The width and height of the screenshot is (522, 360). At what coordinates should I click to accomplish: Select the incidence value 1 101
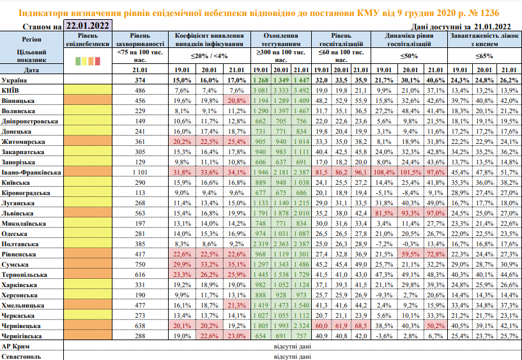(139, 173)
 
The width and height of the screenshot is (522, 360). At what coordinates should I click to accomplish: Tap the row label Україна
(15, 81)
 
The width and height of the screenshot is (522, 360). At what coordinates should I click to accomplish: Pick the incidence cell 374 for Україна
(141, 81)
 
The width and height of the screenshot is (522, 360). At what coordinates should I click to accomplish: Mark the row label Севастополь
(22, 356)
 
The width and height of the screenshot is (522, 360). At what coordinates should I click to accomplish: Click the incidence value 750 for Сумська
(141, 263)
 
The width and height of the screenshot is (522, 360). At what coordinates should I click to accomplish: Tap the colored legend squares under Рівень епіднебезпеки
(88, 61)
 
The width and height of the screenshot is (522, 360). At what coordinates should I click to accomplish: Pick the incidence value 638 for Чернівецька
(141, 325)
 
